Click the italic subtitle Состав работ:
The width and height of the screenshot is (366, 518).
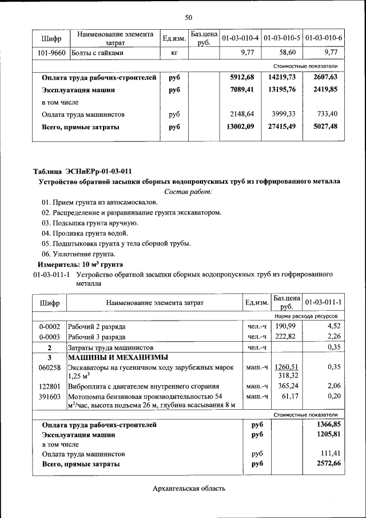click(188, 191)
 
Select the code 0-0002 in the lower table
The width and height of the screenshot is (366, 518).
click(50, 326)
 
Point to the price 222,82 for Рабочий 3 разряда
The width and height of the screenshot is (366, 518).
click(287, 337)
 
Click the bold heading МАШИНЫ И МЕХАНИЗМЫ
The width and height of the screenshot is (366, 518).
click(114, 357)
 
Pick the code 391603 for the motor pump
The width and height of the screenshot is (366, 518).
click(50, 397)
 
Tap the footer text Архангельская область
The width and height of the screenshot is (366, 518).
click(189, 488)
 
